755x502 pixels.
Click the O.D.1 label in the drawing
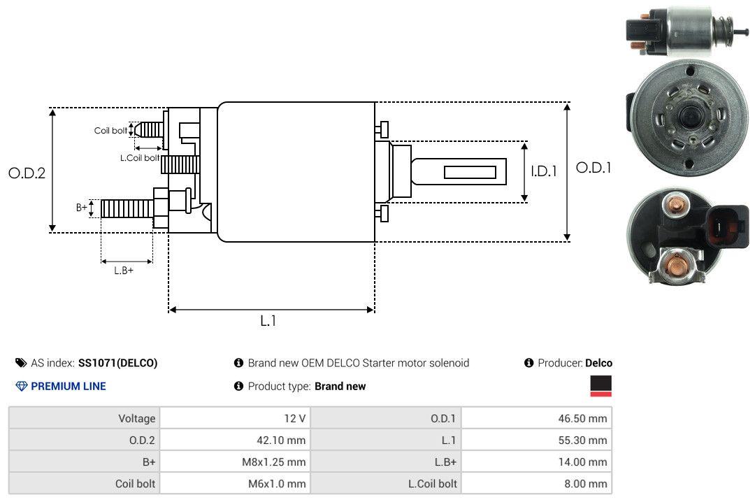pos(594,168)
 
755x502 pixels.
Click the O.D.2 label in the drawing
pos(27,173)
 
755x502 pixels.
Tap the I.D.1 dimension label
pos(543,171)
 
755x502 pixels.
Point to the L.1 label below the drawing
pos(269,321)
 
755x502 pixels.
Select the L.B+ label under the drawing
pos(124,271)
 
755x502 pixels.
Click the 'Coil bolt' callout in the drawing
pos(110,131)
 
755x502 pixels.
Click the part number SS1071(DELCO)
pos(117,363)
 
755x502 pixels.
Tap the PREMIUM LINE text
pos(69,386)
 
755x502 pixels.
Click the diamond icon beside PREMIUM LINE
pos(21,386)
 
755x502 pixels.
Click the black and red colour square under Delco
pos(601,386)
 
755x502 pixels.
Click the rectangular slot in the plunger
pos(470,172)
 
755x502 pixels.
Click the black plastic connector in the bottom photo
pos(724,230)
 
